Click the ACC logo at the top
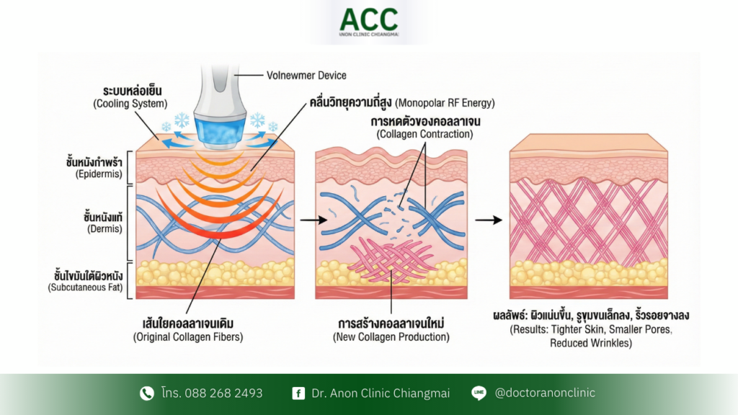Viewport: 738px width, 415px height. (x=368, y=22)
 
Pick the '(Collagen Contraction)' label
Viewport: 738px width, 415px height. (x=415, y=135)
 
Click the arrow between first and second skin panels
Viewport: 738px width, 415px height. (x=308, y=219)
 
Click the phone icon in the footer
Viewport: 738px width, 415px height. (x=146, y=393)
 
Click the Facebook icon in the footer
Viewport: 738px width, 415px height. (x=298, y=393)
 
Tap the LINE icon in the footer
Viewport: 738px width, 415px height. (x=479, y=393)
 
